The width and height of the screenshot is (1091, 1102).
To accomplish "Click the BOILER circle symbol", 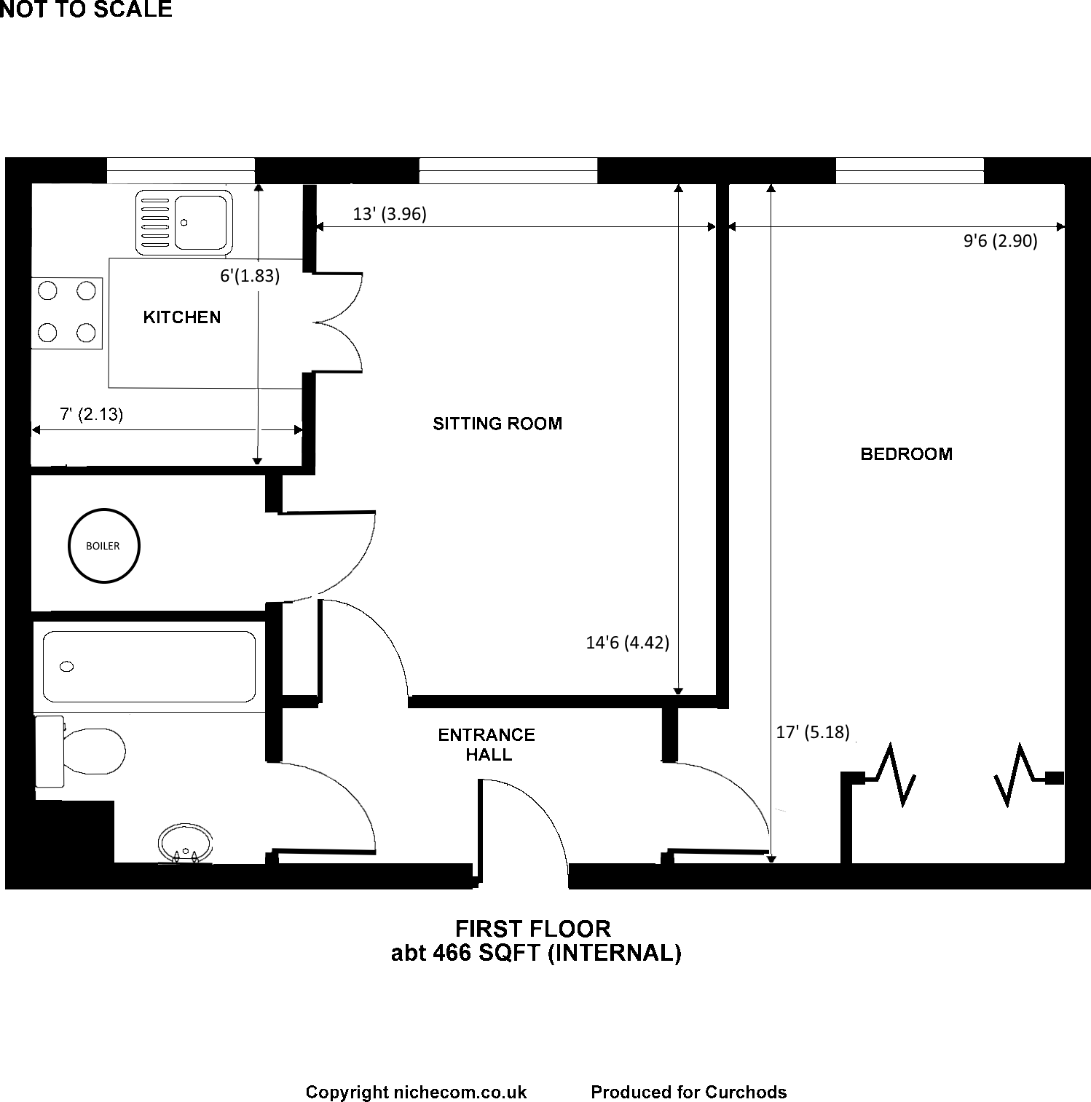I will coord(103,546).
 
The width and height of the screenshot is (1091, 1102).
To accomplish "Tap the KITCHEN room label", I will coord(182,317).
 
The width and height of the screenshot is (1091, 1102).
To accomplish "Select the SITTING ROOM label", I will coord(497,424).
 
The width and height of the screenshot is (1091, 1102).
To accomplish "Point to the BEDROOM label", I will coord(906,454).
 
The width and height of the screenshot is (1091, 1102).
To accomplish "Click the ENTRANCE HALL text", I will coord(487,745).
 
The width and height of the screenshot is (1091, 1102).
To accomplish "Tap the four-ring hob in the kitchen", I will coord(67,312).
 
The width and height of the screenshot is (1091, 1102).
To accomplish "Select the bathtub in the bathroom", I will coord(149,667).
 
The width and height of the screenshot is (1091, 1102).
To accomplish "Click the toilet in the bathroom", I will coord(80,750).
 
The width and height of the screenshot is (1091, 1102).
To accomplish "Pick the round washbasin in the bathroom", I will coord(186,844).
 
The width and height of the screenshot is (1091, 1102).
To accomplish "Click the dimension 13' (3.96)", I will coord(390,214).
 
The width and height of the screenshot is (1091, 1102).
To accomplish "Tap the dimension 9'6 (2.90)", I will coord(1000,241).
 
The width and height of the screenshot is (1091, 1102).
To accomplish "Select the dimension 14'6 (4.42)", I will coord(627,643).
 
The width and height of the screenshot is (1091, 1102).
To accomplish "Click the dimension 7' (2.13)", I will coord(91,415).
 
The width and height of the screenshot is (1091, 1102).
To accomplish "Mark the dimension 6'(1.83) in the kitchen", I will coord(250,277).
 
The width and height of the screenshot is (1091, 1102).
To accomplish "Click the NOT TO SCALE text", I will coord(86,9).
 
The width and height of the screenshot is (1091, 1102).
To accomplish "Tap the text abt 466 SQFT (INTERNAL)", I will coord(536,953).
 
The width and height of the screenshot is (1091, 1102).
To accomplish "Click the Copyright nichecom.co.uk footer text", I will coord(416,1092).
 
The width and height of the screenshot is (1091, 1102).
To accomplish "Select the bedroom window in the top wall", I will coord(910,171).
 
